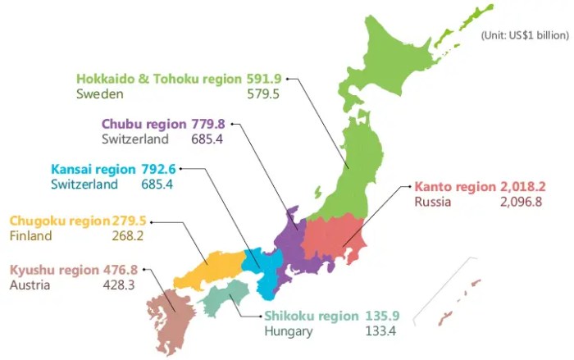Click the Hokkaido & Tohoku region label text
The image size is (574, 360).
160,79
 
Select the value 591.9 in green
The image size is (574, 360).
263,79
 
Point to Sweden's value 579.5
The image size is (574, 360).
263,94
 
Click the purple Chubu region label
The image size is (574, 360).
144,124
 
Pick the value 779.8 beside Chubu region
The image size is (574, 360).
209,124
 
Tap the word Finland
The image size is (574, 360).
30,236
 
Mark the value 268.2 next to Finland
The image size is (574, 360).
128,236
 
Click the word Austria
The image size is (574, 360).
30,285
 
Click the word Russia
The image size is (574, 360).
432,202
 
